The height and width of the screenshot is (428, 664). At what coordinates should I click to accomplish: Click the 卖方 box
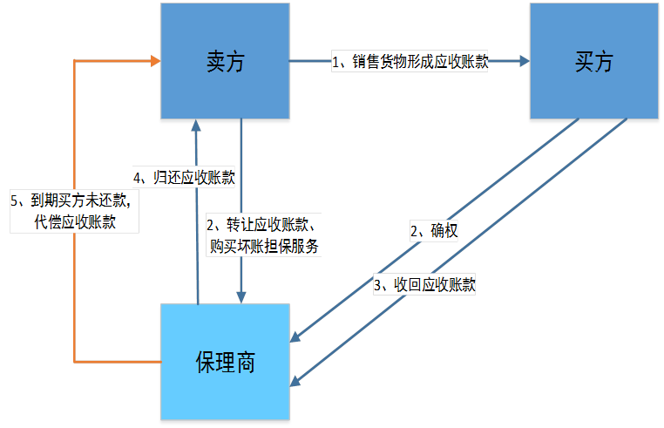[224, 61]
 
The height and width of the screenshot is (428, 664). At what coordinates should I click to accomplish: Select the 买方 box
[594, 61]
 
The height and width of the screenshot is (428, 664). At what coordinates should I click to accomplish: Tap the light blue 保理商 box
[224, 362]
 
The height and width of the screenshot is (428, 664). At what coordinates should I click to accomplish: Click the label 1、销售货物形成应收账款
[409, 63]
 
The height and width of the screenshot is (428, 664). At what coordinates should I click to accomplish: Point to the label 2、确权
[433, 231]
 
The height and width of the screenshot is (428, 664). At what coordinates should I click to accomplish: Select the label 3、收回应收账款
[423, 285]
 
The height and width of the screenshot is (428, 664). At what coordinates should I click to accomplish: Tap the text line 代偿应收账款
[74, 222]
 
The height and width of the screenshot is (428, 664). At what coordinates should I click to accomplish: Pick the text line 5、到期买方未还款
[70, 201]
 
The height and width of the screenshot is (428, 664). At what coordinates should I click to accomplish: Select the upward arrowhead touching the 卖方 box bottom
[198, 124]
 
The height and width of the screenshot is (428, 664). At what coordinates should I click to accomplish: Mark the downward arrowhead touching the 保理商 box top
[241, 298]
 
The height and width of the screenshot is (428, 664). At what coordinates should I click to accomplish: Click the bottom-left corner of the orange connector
[76, 360]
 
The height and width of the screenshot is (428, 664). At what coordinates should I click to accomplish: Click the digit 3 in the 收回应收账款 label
[377, 285]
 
